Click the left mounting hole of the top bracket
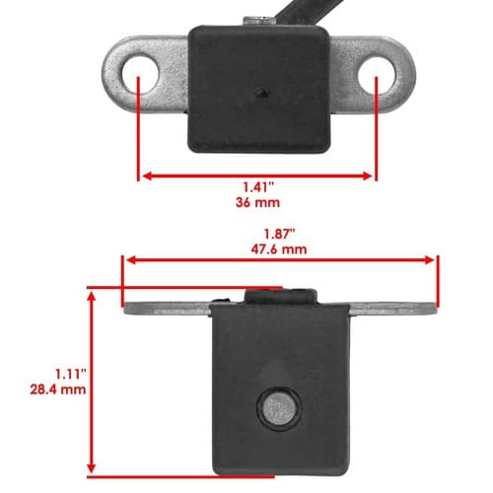(x=140, y=73)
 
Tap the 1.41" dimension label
(x=258, y=187)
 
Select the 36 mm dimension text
(x=257, y=202)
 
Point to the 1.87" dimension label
(x=279, y=235)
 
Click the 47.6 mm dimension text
(x=279, y=249)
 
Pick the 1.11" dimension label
(x=70, y=374)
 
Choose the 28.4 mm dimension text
(x=58, y=389)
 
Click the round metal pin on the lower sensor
(x=279, y=408)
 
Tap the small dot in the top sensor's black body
(x=261, y=93)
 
